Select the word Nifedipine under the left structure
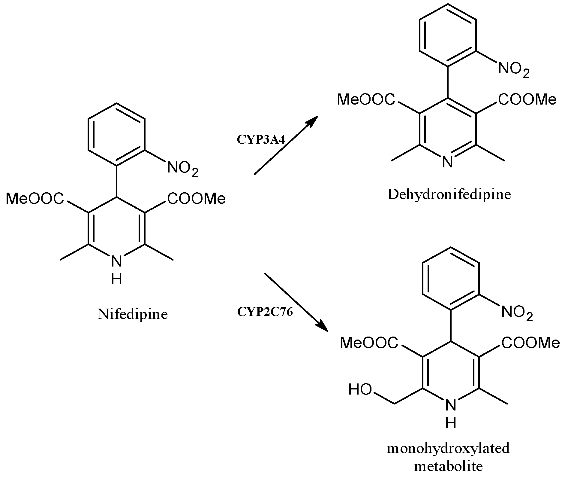pyautogui.click(x=133, y=314)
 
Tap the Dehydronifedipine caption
pyautogui.click(x=449, y=194)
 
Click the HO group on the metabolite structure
pyautogui.click(x=360, y=390)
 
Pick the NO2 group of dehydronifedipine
pyautogui.click(x=514, y=69)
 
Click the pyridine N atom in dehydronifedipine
pyautogui.click(x=447, y=163)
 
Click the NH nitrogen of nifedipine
pyautogui.click(x=116, y=261)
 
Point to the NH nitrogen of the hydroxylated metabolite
pyautogui.click(x=451, y=406)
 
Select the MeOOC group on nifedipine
pyautogui.click(x=35, y=199)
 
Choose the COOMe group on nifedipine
pyautogui.click(x=197, y=199)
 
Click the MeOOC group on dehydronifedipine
pyautogui.click(x=366, y=99)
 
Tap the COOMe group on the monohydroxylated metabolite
pyautogui.click(x=530, y=343)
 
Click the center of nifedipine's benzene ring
pyautogui.click(x=117, y=134)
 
